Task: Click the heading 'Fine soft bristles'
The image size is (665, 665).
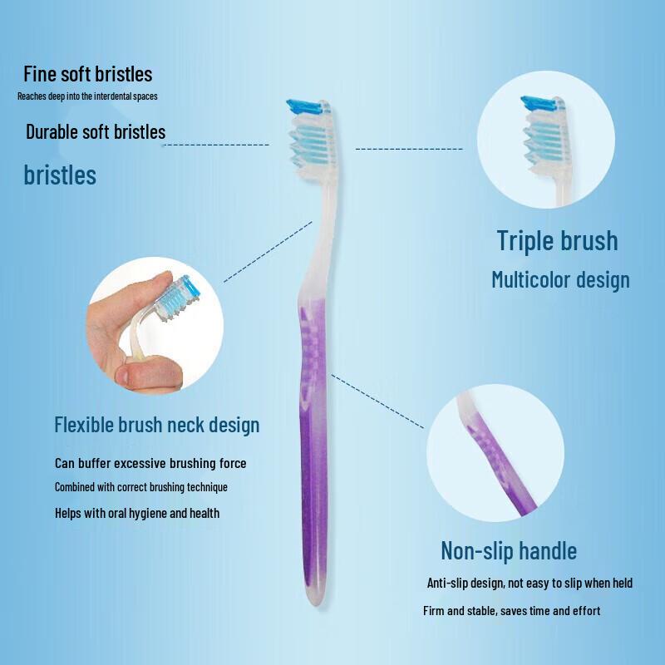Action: coord(87,74)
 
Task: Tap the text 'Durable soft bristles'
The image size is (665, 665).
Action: coord(96,131)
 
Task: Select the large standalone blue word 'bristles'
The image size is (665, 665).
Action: coord(60,175)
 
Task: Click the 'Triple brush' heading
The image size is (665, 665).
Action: coord(557,240)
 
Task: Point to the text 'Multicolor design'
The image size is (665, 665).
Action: coord(560,279)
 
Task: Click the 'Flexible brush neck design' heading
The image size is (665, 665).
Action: coord(156,425)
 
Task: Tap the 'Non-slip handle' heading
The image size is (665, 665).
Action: coord(508,550)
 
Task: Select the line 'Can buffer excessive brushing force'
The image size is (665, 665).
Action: coord(150,463)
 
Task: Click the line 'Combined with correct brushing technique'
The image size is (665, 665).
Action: coord(140,486)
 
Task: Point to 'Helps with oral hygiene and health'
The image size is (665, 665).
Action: coord(137,513)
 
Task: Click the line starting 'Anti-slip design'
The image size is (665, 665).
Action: coord(530,583)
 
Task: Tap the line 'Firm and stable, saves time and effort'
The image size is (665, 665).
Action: coord(511,611)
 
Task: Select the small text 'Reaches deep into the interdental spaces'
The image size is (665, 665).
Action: coord(87,96)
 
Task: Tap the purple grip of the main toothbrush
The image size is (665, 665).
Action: coord(313,416)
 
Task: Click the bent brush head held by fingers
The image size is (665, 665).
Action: coord(181,295)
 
